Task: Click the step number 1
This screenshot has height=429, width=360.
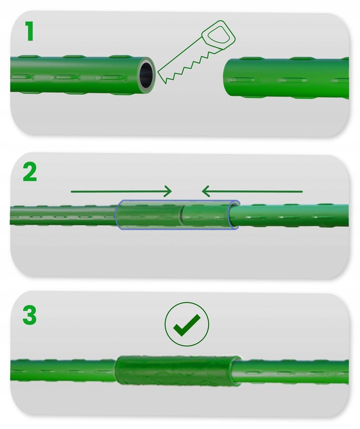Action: coord(29,31)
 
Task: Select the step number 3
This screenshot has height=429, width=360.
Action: coord(30,315)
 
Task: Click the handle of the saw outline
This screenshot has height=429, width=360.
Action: coord(219,35)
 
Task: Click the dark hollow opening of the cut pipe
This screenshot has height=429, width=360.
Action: coord(146,75)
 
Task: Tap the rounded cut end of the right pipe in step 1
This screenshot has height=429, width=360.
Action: coord(226,77)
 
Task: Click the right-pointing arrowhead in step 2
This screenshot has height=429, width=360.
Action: coord(167,191)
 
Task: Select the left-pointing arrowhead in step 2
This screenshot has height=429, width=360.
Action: coord(206,191)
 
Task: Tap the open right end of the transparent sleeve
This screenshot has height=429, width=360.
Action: coord(234,215)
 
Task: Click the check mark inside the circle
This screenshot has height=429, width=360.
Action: coord(187,325)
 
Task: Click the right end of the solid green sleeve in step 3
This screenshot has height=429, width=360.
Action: coord(235,371)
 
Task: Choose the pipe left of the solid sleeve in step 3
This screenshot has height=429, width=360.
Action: coord(63,370)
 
